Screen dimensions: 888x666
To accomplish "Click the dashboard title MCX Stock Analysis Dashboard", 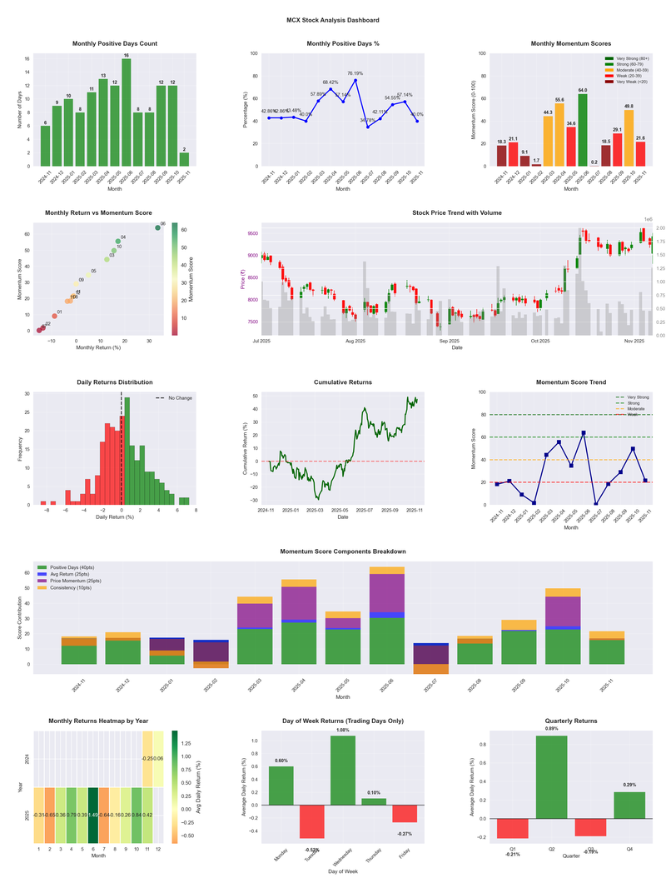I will [332, 19].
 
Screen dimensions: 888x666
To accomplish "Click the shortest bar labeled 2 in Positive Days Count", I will [184, 159].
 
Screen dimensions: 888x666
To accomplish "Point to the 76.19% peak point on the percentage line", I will [355, 80].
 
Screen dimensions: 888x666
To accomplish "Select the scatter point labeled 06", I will [157, 227].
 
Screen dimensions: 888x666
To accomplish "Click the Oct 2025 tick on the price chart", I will [540, 341].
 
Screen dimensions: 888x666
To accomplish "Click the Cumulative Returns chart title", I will [342, 382].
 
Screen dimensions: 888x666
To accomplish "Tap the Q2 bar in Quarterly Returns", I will [552, 777].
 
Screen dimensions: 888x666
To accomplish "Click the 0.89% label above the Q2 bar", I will [552, 729].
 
